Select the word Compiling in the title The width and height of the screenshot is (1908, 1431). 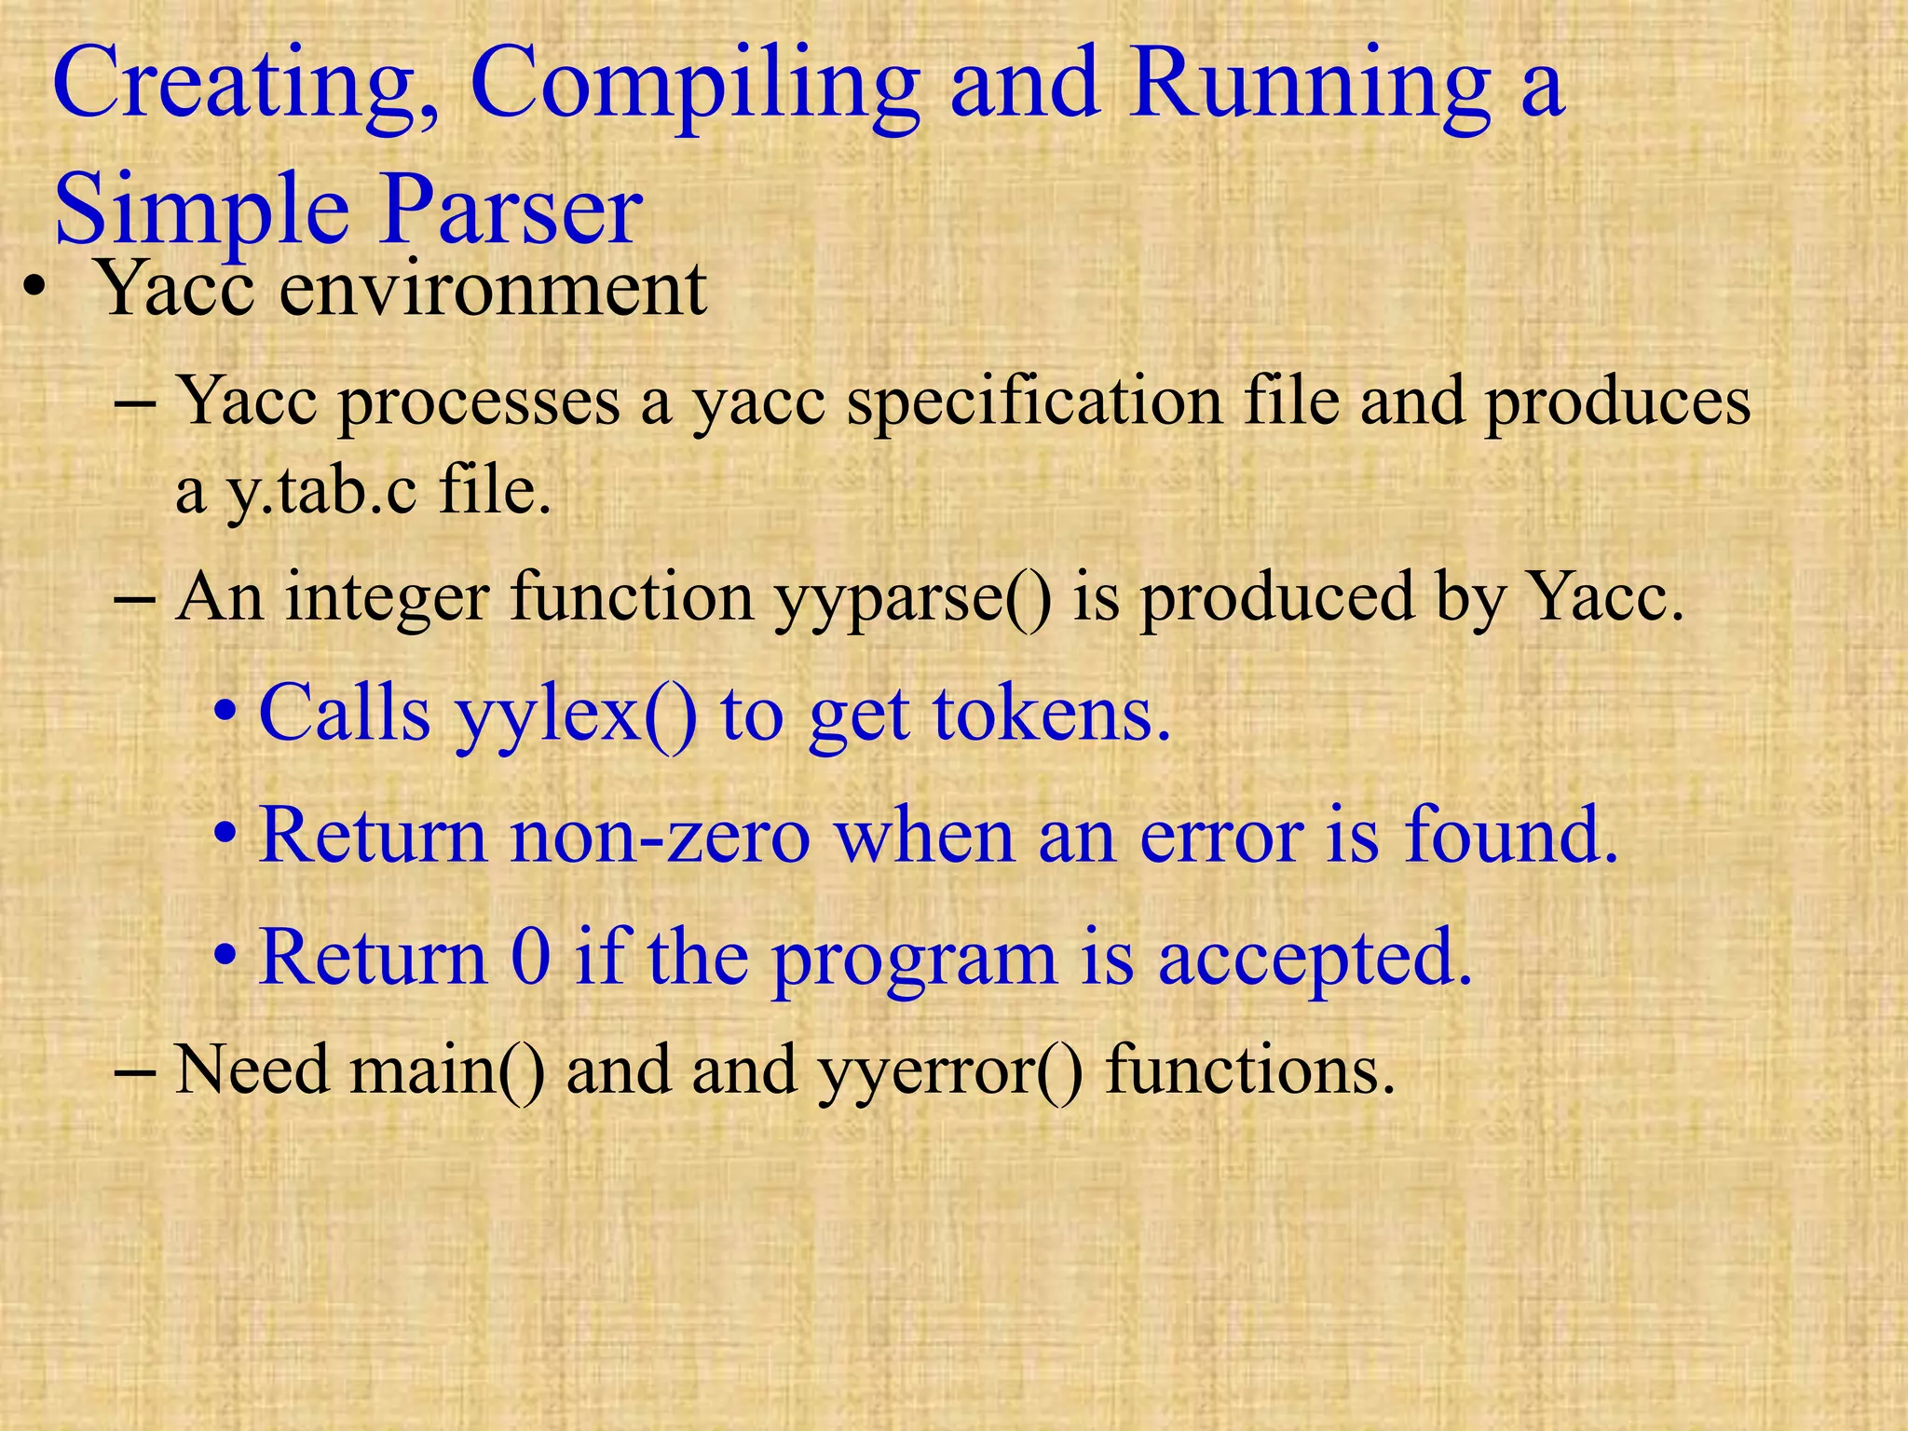click(x=694, y=86)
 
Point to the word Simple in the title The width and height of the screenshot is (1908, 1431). click(x=200, y=210)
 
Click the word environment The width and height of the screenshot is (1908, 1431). click(x=493, y=290)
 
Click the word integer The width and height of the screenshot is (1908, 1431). click(x=387, y=597)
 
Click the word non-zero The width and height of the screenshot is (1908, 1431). click(x=661, y=836)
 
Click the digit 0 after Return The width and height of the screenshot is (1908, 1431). click(x=531, y=957)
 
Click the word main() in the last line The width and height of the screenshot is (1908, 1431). click(x=447, y=1070)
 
